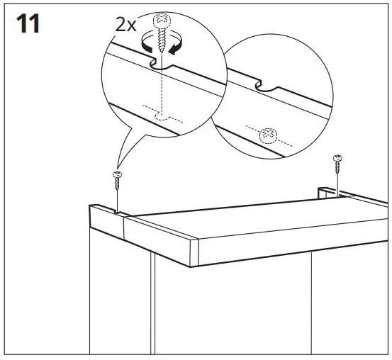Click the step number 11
click(26, 23)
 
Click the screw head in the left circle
click(162, 18)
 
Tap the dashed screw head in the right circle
click(268, 133)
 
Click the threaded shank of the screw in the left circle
click(162, 40)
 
